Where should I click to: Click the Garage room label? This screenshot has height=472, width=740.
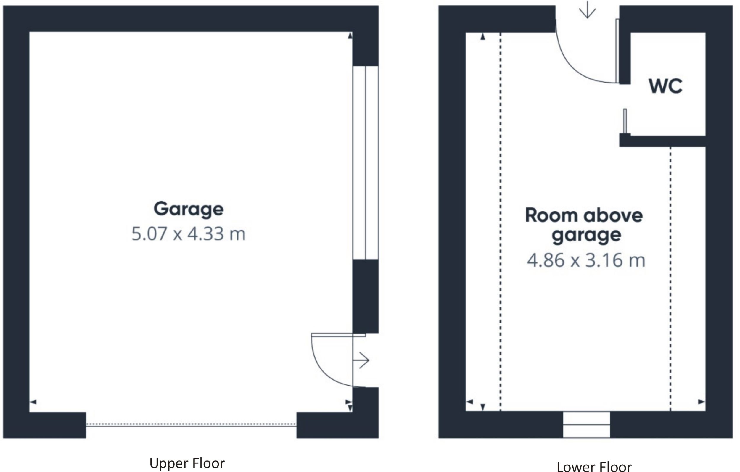tap(188, 209)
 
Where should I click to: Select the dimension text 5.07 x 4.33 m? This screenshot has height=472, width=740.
tap(188, 234)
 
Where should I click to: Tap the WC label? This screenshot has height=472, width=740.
tap(665, 86)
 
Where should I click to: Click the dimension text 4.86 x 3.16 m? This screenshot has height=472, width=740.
tap(586, 260)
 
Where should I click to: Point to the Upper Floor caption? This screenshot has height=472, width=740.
tap(187, 463)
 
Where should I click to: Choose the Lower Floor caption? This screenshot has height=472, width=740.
tap(594, 466)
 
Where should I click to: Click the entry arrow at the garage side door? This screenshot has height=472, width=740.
tap(361, 360)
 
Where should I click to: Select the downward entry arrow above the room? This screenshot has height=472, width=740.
tap(587, 10)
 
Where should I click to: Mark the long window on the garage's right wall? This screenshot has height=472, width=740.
tap(365, 162)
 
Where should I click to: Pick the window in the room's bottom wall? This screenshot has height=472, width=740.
tap(586, 424)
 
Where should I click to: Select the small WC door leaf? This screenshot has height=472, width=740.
tap(625, 121)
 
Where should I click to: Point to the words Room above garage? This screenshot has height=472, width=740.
tap(584, 225)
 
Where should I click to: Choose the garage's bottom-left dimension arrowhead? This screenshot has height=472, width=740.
tap(33, 402)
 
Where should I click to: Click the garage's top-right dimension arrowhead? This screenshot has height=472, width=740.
tap(350, 36)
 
